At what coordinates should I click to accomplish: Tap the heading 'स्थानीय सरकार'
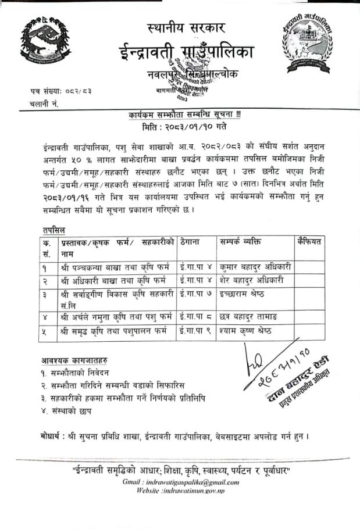[187, 27]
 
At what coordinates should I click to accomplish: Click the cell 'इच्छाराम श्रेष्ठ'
[242, 294]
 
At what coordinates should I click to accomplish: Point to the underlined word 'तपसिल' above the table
[54, 230]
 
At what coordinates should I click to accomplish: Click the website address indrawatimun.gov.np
[196, 491]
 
